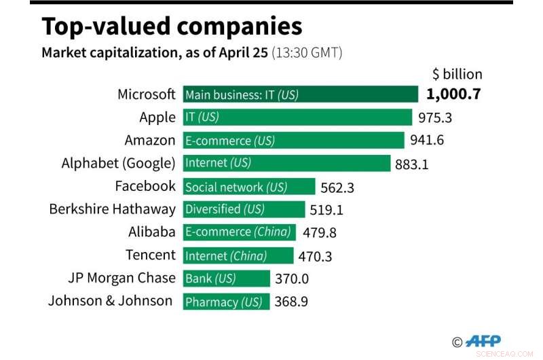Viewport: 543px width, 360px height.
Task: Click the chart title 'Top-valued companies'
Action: [x=172, y=26]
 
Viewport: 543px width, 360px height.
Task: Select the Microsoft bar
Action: [x=300, y=94]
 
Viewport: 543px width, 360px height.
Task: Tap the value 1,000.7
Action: [x=453, y=94]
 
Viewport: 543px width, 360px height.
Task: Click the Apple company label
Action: [x=157, y=118]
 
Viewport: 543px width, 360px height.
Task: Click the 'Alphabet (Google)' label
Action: [x=119, y=163]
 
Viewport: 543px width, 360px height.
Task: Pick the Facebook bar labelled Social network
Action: [x=249, y=187]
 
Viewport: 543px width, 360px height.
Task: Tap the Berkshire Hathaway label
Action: [x=113, y=209]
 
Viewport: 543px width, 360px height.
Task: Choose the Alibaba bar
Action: [x=239, y=232]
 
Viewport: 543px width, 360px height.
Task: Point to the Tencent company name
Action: [x=151, y=255]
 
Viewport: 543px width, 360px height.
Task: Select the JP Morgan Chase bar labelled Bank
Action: [x=226, y=278]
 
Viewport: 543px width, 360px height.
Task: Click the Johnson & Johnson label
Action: [x=110, y=301]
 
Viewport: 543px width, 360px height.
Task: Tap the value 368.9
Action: [x=292, y=302]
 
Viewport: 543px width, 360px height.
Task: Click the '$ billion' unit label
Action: [x=457, y=74]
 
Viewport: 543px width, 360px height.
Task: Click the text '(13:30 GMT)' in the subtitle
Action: [x=307, y=53]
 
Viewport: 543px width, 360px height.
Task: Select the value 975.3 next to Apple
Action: [x=435, y=118]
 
